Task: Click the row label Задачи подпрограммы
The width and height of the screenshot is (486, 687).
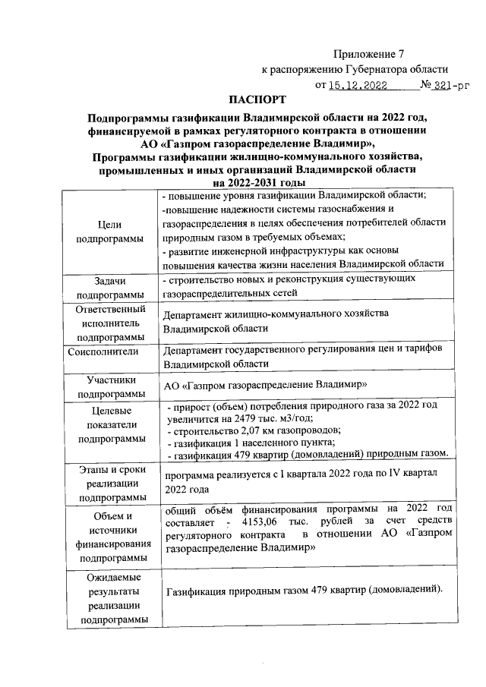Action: (x=110, y=287)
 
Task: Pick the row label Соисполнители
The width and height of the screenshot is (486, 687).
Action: (x=103, y=351)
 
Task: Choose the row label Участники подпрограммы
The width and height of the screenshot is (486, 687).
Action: (x=111, y=386)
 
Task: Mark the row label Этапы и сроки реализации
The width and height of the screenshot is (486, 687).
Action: (x=111, y=484)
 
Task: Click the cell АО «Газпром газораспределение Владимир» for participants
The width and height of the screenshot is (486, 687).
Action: (x=267, y=385)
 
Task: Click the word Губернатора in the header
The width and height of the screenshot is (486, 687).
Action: (x=365, y=69)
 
